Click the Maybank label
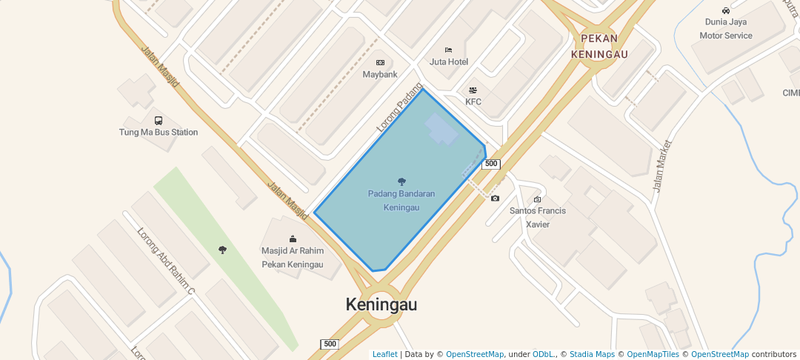(380, 75)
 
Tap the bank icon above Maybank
(380, 62)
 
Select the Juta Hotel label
(449, 61)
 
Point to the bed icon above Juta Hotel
(448, 50)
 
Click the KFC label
(473, 101)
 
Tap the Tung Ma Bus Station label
(159, 133)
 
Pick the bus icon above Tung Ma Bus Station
(159, 120)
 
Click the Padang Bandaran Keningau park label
(401, 201)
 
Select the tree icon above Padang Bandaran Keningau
(401, 181)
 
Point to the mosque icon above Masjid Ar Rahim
(293, 239)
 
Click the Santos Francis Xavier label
(538, 217)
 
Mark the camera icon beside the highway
(495, 199)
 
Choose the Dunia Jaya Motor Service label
(726, 29)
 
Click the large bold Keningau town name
(381, 304)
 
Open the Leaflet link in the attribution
(384, 355)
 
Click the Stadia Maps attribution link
(592, 355)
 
